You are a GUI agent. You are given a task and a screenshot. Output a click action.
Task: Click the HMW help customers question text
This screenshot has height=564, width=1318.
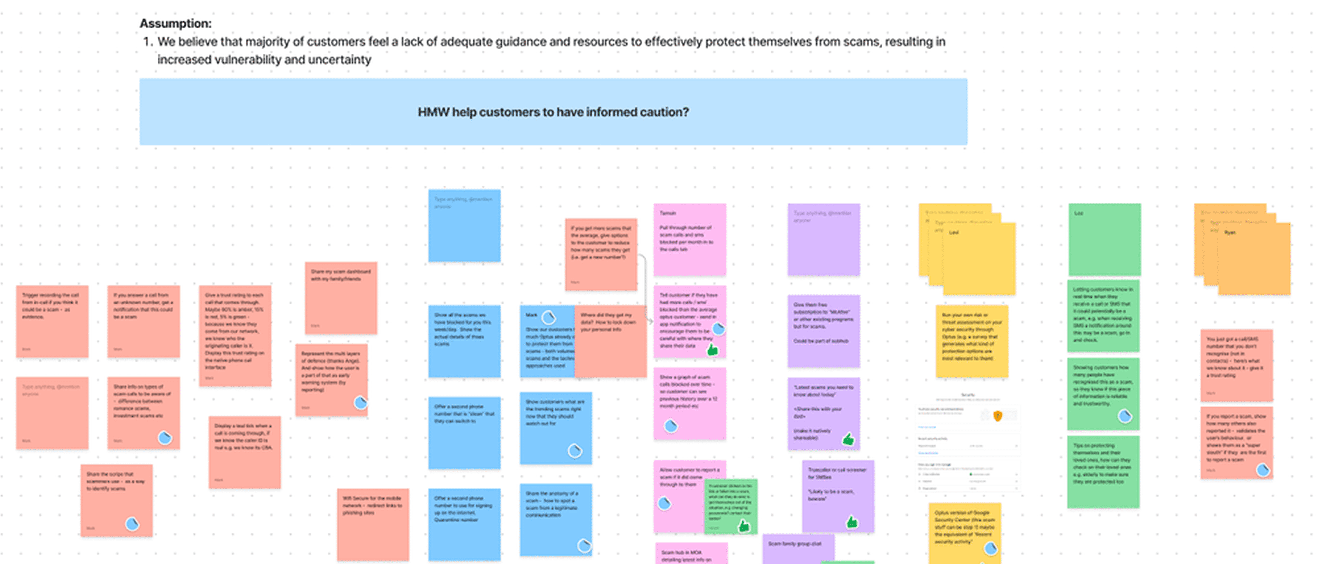pos(553,112)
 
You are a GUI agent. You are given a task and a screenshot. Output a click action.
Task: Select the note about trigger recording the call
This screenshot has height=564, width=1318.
pos(52,321)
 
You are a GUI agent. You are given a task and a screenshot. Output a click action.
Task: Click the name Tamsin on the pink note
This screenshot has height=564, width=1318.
pos(668,213)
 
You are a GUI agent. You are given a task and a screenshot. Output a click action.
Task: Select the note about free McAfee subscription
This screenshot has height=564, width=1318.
pos(823,330)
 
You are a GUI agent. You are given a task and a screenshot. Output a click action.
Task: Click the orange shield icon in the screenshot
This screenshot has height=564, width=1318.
pos(997,416)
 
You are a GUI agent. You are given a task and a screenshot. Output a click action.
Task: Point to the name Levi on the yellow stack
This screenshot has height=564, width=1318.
pos(954,233)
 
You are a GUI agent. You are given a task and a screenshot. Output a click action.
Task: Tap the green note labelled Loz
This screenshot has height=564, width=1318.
pos(1104,239)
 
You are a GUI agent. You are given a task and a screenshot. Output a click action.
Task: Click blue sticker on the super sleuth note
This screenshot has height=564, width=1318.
pos(1263,469)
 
